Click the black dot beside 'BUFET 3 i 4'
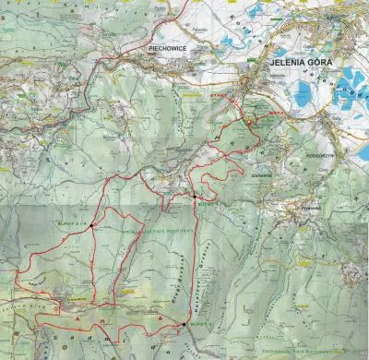[92, 224]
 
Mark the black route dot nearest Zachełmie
[196, 197]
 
